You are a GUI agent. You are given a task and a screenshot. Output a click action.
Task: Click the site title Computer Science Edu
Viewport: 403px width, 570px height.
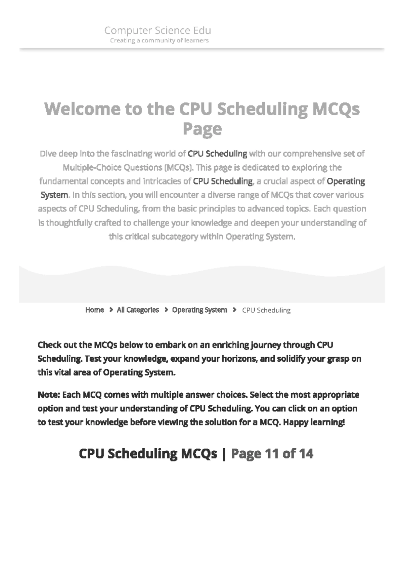click(x=158, y=31)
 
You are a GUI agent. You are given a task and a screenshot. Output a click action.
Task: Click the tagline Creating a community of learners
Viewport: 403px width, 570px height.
click(x=160, y=41)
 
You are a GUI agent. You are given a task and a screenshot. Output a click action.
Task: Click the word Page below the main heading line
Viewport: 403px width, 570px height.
click(x=202, y=129)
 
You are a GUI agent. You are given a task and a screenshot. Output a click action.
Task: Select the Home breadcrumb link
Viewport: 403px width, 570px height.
click(x=94, y=310)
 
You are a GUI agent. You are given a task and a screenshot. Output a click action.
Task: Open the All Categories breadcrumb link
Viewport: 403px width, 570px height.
click(x=138, y=310)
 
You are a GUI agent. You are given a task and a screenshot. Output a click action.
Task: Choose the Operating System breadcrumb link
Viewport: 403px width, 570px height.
click(x=199, y=310)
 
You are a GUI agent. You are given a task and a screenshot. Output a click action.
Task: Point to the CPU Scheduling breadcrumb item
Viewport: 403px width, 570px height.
click(x=266, y=310)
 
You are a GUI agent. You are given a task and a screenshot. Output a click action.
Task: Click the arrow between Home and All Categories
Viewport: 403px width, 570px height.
click(x=111, y=310)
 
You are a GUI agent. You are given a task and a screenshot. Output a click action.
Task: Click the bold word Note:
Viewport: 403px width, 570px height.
click(x=49, y=395)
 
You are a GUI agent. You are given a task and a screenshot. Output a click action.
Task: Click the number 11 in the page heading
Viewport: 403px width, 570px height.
click(x=272, y=454)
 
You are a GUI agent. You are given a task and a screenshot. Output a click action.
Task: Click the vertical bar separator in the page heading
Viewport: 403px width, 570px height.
click(x=224, y=454)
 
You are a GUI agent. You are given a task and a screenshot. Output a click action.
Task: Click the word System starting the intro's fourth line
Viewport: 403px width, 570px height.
click(x=54, y=195)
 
